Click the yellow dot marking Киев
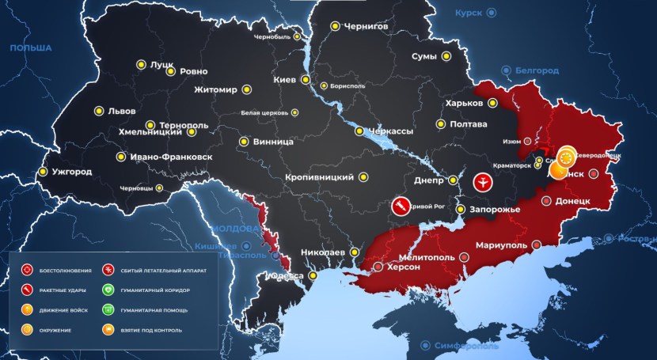coord(304,80)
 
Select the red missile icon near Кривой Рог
coord(402,207)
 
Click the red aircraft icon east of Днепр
coord(483,183)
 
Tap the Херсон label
coord(403,267)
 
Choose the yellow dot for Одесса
coord(313,275)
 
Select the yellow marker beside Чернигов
coord(335,27)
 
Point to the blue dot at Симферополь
coord(426,345)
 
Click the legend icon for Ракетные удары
coord(27,290)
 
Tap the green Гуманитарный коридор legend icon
coord(108,290)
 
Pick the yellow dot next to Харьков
coord(492,103)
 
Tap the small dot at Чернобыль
coord(297,36)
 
